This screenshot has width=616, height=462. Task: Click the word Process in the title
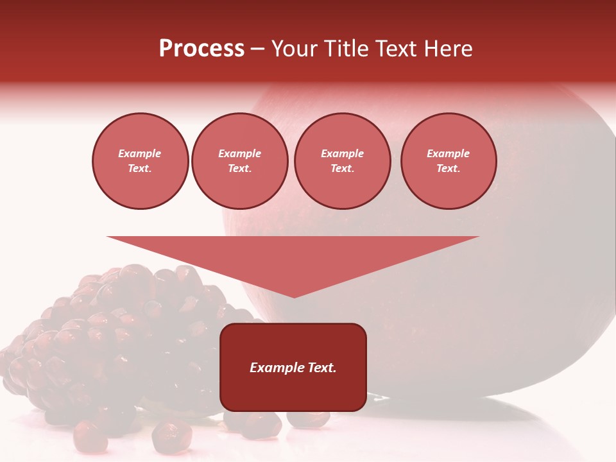(x=201, y=49)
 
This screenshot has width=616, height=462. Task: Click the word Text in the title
(x=397, y=49)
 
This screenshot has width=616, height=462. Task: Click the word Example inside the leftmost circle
(x=139, y=154)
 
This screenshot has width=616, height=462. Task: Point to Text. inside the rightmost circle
(x=448, y=169)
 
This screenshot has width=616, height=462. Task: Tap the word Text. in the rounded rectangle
(x=322, y=368)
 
